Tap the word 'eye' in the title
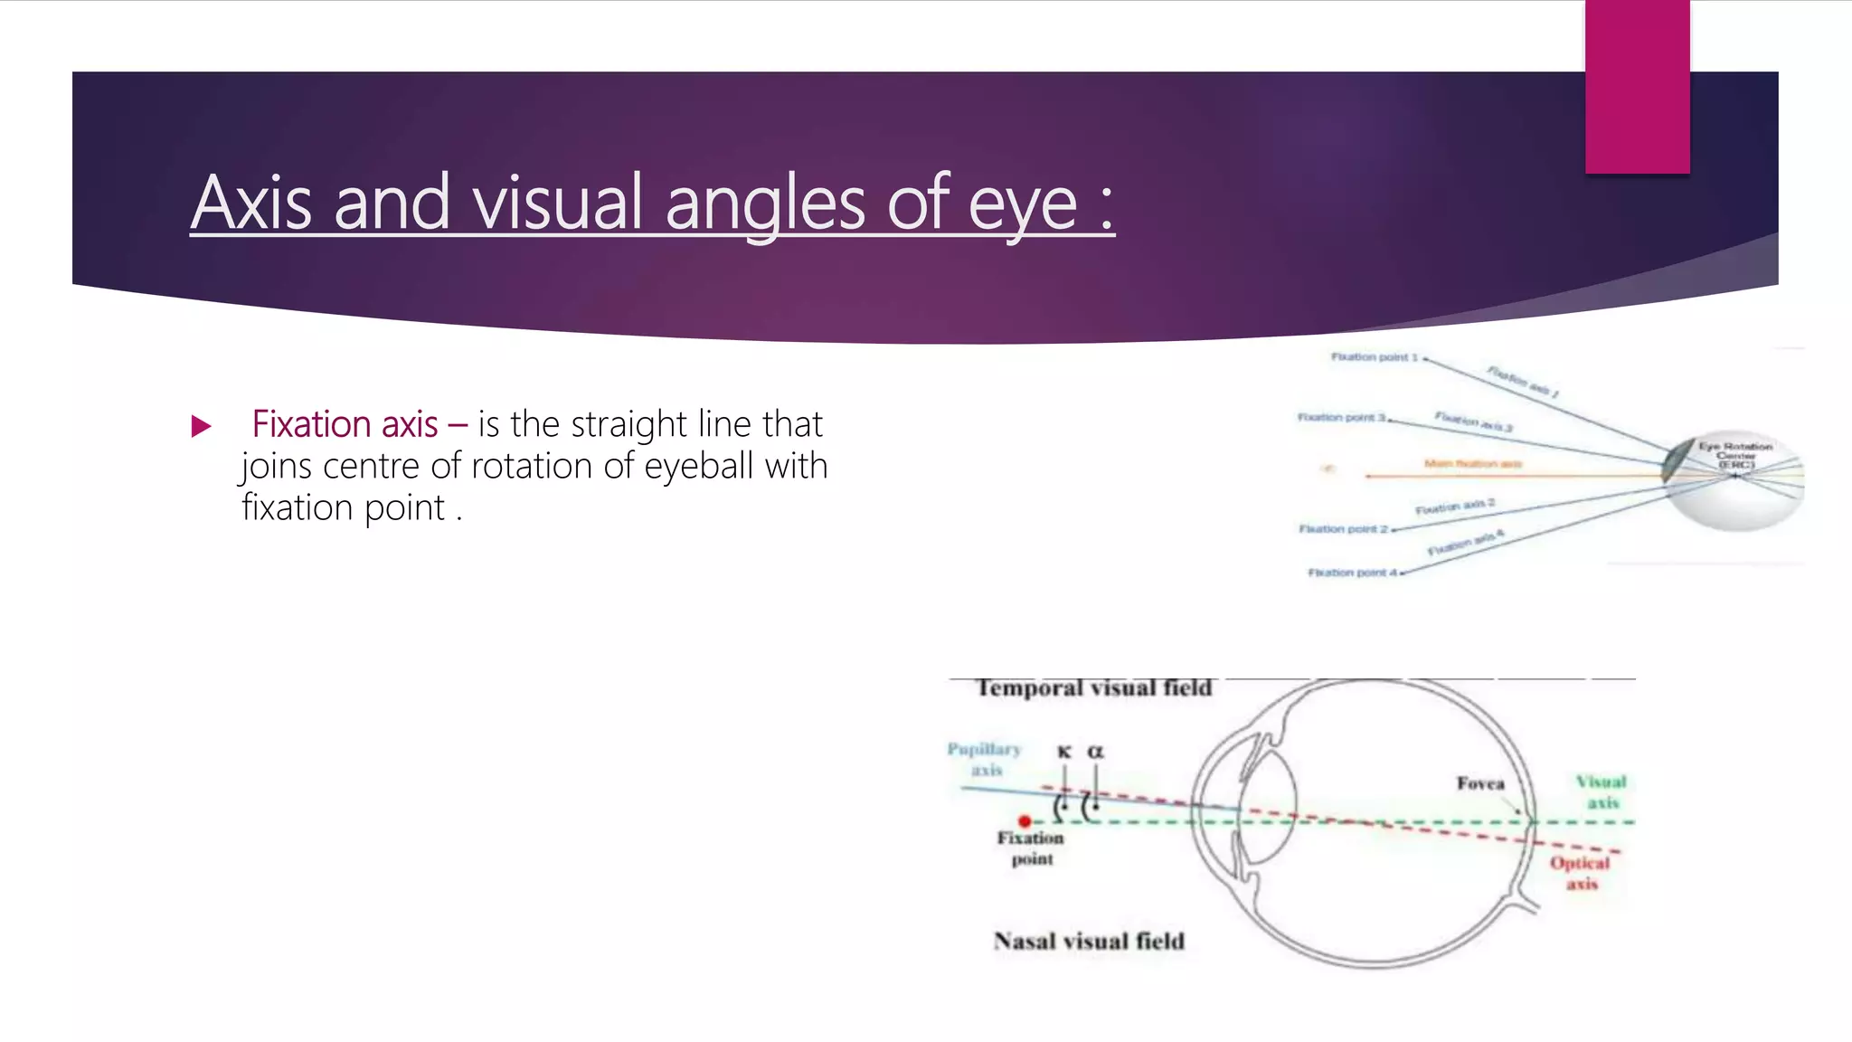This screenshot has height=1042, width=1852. [x=1022, y=206]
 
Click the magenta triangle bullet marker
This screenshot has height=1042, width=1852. [x=202, y=426]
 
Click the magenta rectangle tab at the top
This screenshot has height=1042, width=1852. [x=1637, y=87]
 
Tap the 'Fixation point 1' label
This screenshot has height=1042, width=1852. [x=1374, y=357]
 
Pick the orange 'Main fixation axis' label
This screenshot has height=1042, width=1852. [x=1472, y=464]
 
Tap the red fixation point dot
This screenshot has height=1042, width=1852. [x=1025, y=821]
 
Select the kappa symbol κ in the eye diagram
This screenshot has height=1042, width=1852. [x=1064, y=752]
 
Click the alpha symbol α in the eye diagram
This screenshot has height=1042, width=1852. [x=1095, y=752]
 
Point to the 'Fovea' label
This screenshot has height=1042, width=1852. [x=1480, y=783]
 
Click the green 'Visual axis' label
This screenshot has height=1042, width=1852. [x=1602, y=791]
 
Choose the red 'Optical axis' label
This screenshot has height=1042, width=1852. [x=1581, y=873]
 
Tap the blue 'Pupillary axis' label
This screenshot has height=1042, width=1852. [x=984, y=759]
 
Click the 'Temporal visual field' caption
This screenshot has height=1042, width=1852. [x=1093, y=688]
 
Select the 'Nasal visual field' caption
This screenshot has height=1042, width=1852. [x=1089, y=942]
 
